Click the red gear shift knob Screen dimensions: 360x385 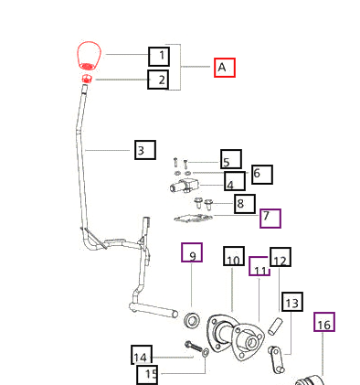click(x=89, y=56)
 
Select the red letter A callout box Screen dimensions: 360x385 click(x=225, y=68)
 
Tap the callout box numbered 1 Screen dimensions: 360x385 click(x=159, y=57)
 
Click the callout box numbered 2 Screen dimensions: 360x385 click(x=158, y=80)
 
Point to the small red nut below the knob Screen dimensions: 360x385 click(x=87, y=79)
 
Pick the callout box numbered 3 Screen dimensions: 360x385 click(x=145, y=150)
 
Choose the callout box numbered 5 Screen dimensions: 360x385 click(x=231, y=159)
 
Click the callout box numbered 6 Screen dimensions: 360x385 click(x=262, y=175)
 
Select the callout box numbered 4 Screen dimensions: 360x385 click(x=235, y=181)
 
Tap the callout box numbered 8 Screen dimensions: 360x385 click(x=245, y=204)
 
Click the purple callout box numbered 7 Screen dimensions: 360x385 click(x=270, y=219)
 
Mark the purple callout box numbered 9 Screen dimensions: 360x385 click(x=192, y=252)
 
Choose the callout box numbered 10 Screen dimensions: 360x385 click(x=234, y=256)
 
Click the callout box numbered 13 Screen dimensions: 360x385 click(x=292, y=302)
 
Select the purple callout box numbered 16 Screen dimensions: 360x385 click(x=324, y=322)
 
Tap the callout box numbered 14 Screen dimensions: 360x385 click(x=142, y=355)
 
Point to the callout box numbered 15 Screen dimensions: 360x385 click(x=147, y=375)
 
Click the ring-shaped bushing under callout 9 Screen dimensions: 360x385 click(x=193, y=320)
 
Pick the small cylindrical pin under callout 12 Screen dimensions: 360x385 click(x=275, y=326)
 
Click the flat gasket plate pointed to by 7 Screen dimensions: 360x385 click(x=193, y=219)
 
